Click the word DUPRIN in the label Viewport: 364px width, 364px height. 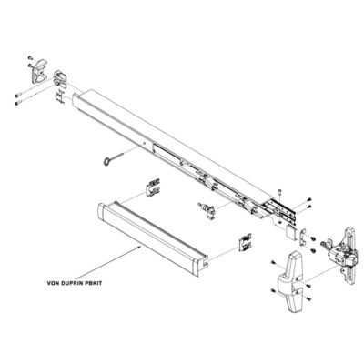pyautogui.click(x=76, y=283)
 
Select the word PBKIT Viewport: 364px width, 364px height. pyautogui.click(x=102, y=283)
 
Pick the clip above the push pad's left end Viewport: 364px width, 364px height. pyautogui.click(x=152, y=190)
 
